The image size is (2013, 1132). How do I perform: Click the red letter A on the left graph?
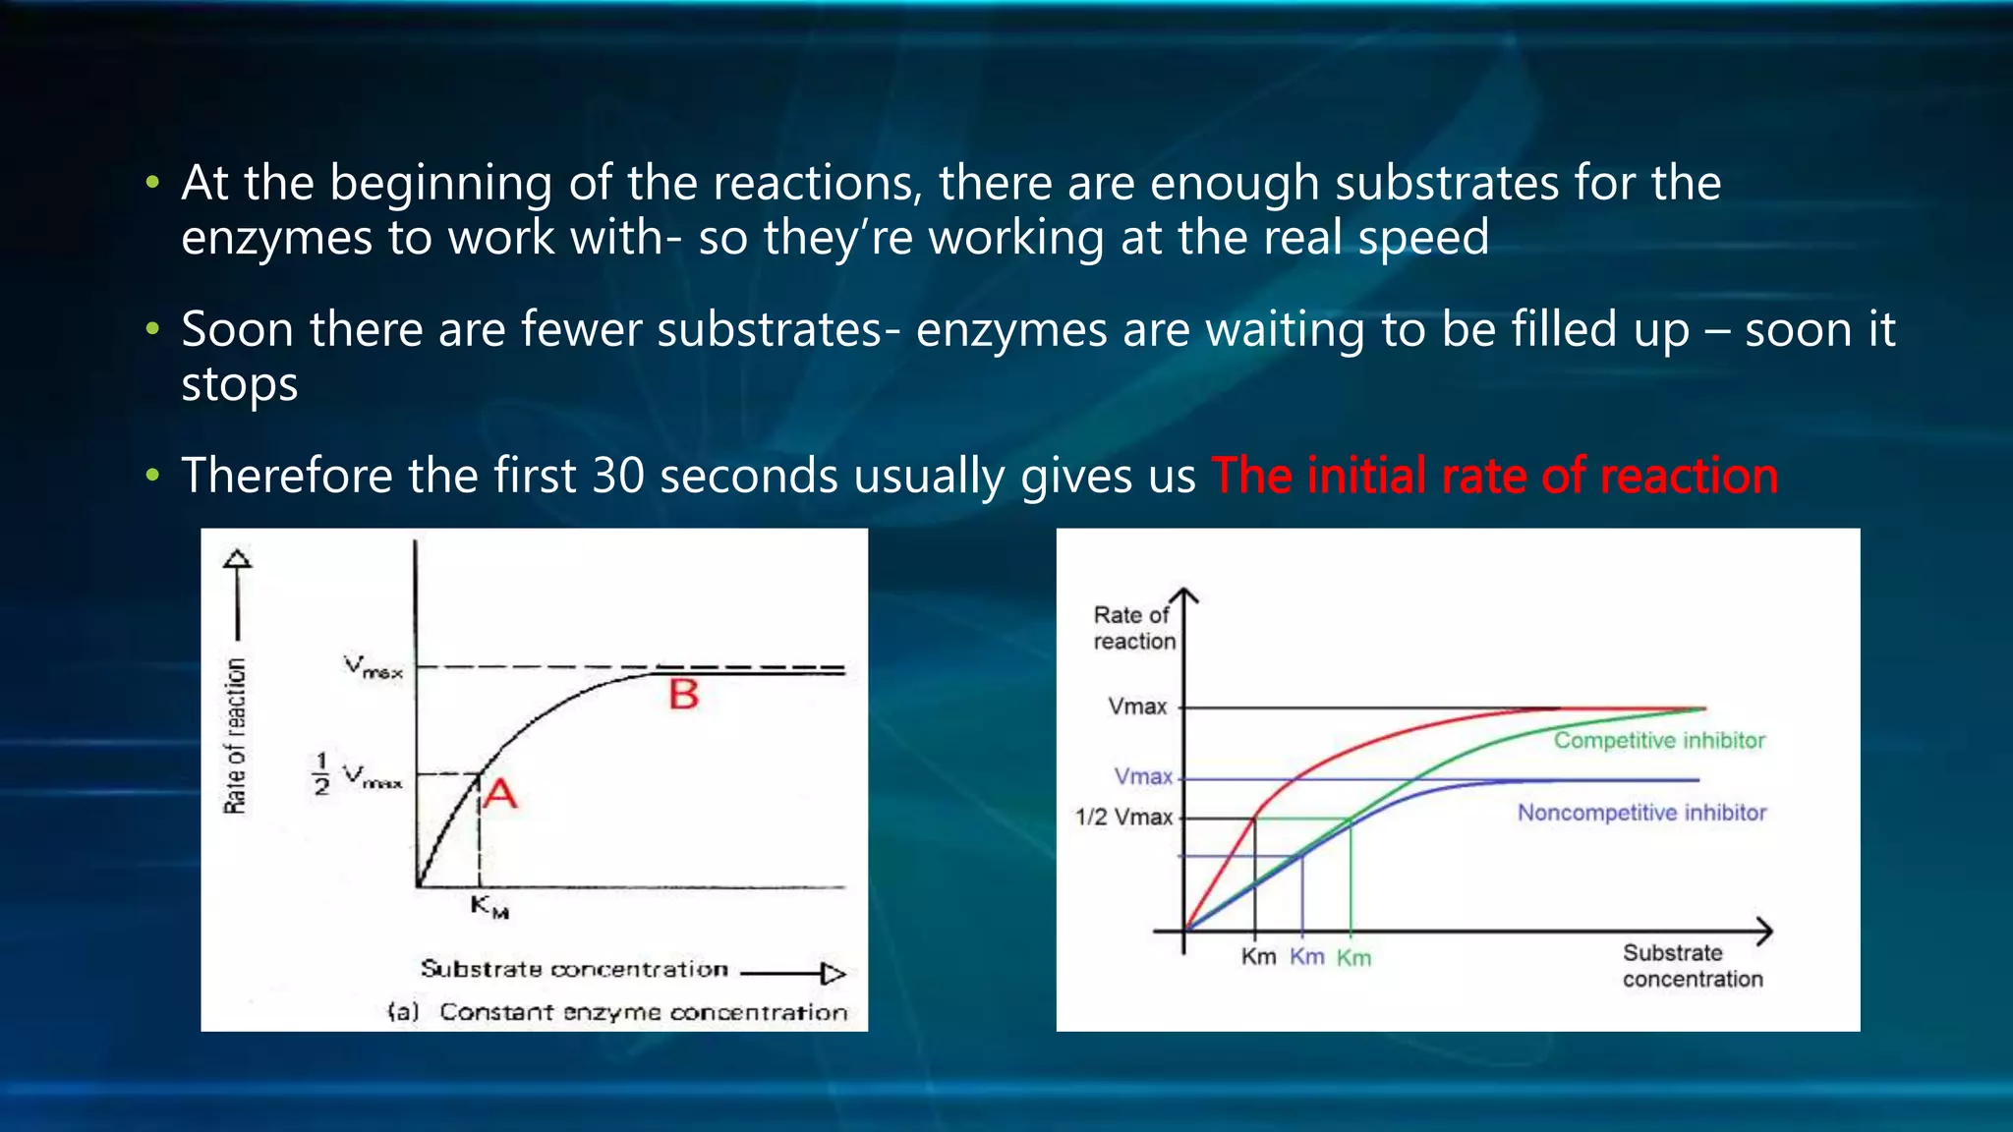tap(500, 793)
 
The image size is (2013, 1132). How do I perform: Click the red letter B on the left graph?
tap(684, 695)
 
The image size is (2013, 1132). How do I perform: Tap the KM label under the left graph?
tap(489, 906)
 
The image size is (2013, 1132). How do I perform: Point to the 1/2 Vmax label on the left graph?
tap(357, 775)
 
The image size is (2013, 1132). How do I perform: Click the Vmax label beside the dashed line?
tap(373, 667)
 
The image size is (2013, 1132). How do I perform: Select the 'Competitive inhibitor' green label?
tap(1659, 741)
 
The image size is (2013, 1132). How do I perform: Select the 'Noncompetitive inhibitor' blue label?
tap(1641, 813)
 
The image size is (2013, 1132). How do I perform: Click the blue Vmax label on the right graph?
tap(1143, 776)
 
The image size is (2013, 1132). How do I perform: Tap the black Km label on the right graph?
tap(1258, 957)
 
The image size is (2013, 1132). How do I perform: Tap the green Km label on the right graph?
tap(1353, 958)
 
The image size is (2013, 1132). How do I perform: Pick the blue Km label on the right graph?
tap(1306, 957)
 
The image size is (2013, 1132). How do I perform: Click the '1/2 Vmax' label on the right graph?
tap(1124, 818)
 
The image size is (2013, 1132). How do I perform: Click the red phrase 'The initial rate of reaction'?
tap(1494, 476)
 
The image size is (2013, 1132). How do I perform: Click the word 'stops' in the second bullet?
tap(239, 384)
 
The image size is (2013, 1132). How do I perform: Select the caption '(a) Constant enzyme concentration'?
tap(617, 1012)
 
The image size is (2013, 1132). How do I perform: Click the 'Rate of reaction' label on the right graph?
tap(1133, 628)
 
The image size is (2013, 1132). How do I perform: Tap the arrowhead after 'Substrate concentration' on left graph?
tap(834, 974)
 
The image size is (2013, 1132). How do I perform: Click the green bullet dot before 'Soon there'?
tap(151, 329)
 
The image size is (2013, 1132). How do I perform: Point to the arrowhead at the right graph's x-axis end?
tap(1765, 931)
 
